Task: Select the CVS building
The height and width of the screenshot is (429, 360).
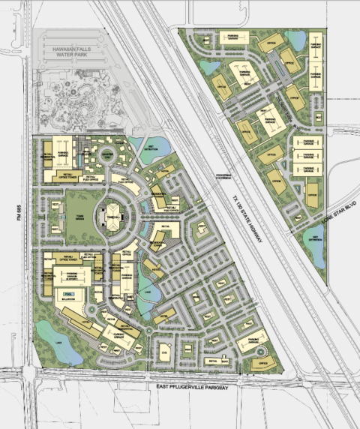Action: [x=164, y=352]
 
